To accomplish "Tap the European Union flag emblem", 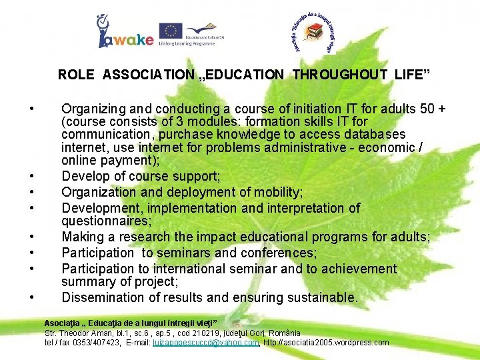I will (171, 30).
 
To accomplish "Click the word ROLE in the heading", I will (76, 75).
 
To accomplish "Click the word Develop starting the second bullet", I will (83, 175).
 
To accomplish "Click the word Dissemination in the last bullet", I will (102, 298).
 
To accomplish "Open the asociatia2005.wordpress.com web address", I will (327, 343).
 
